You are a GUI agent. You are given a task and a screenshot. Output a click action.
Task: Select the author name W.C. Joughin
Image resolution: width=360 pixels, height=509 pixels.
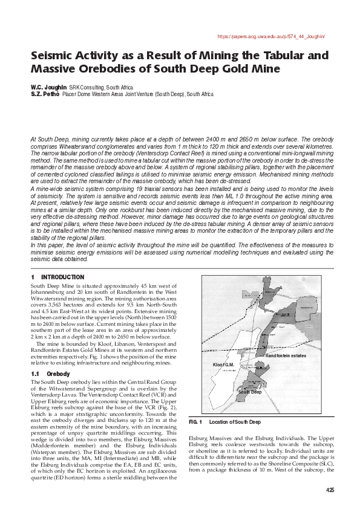(x=48, y=87)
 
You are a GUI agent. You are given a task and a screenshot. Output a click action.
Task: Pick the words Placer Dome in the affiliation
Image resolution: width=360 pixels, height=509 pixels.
(x=77, y=94)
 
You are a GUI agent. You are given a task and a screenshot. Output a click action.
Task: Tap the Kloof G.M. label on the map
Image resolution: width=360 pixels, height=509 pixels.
(x=223, y=365)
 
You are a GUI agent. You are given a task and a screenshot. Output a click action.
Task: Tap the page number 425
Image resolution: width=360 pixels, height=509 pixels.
(x=329, y=490)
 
